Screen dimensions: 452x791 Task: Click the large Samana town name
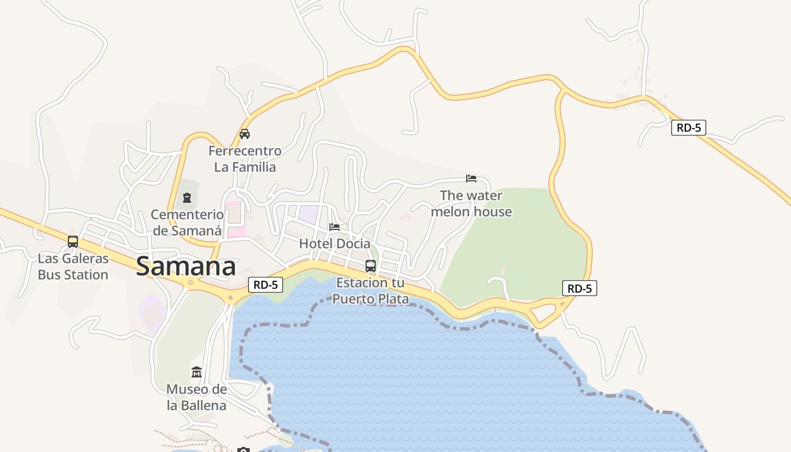(x=185, y=267)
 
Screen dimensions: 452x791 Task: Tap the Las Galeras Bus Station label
(x=73, y=267)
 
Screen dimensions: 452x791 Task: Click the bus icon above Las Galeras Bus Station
(x=73, y=242)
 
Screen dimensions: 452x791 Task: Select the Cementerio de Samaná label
(x=187, y=223)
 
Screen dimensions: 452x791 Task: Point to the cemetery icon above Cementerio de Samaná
(x=187, y=198)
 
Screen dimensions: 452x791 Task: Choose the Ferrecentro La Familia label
(x=245, y=159)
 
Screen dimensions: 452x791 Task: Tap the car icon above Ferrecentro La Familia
(x=245, y=134)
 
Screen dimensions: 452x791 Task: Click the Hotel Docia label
(x=334, y=244)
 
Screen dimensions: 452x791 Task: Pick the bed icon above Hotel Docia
(x=334, y=227)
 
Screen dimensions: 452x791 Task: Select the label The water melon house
(x=471, y=203)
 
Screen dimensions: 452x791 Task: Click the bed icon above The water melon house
(x=471, y=179)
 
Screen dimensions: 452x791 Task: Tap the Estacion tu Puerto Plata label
(x=371, y=290)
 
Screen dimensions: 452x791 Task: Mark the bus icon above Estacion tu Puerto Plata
(x=371, y=266)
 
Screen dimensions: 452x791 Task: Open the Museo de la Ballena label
(x=196, y=397)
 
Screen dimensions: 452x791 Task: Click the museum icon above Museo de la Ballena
(x=196, y=372)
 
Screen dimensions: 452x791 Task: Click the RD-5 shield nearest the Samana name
(x=266, y=285)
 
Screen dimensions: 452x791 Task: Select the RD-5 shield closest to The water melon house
(x=580, y=288)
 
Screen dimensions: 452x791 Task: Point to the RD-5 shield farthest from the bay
(x=689, y=127)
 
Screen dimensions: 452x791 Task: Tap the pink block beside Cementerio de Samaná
(x=236, y=219)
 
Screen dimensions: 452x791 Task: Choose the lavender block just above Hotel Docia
(x=308, y=214)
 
